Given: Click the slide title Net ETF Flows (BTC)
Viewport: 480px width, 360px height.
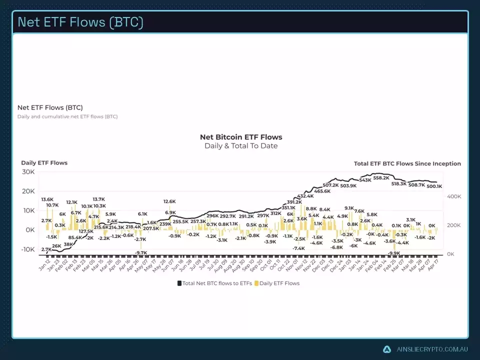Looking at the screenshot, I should (80, 22).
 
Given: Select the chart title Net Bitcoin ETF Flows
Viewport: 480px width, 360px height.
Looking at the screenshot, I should (241, 137).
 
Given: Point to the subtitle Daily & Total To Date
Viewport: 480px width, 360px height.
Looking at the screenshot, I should (241, 146).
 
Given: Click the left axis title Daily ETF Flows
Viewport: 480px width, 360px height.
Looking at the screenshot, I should (44, 162).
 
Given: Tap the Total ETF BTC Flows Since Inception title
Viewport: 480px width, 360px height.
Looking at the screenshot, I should (407, 163).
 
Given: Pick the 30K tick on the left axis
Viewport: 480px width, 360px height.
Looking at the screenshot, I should (28, 172).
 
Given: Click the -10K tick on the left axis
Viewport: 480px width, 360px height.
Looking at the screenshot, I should (26, 249).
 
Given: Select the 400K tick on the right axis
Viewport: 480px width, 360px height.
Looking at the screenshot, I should (453, 197).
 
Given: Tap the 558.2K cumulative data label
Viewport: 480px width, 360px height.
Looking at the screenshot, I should (381, 178).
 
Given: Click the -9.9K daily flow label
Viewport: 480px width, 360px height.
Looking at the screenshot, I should (394, 253).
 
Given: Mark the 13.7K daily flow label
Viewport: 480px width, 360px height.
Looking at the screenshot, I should (98, 199).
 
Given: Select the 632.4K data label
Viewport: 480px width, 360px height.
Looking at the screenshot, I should (305, 196).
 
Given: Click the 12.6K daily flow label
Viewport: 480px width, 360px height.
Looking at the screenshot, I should (169, 201).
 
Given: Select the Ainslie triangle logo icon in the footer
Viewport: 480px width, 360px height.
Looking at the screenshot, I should (387, 349).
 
